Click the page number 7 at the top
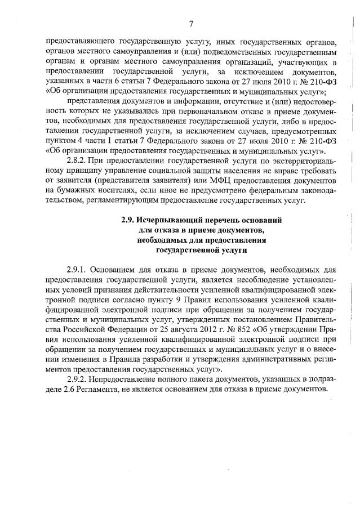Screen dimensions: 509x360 click(x=191, y=23)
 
